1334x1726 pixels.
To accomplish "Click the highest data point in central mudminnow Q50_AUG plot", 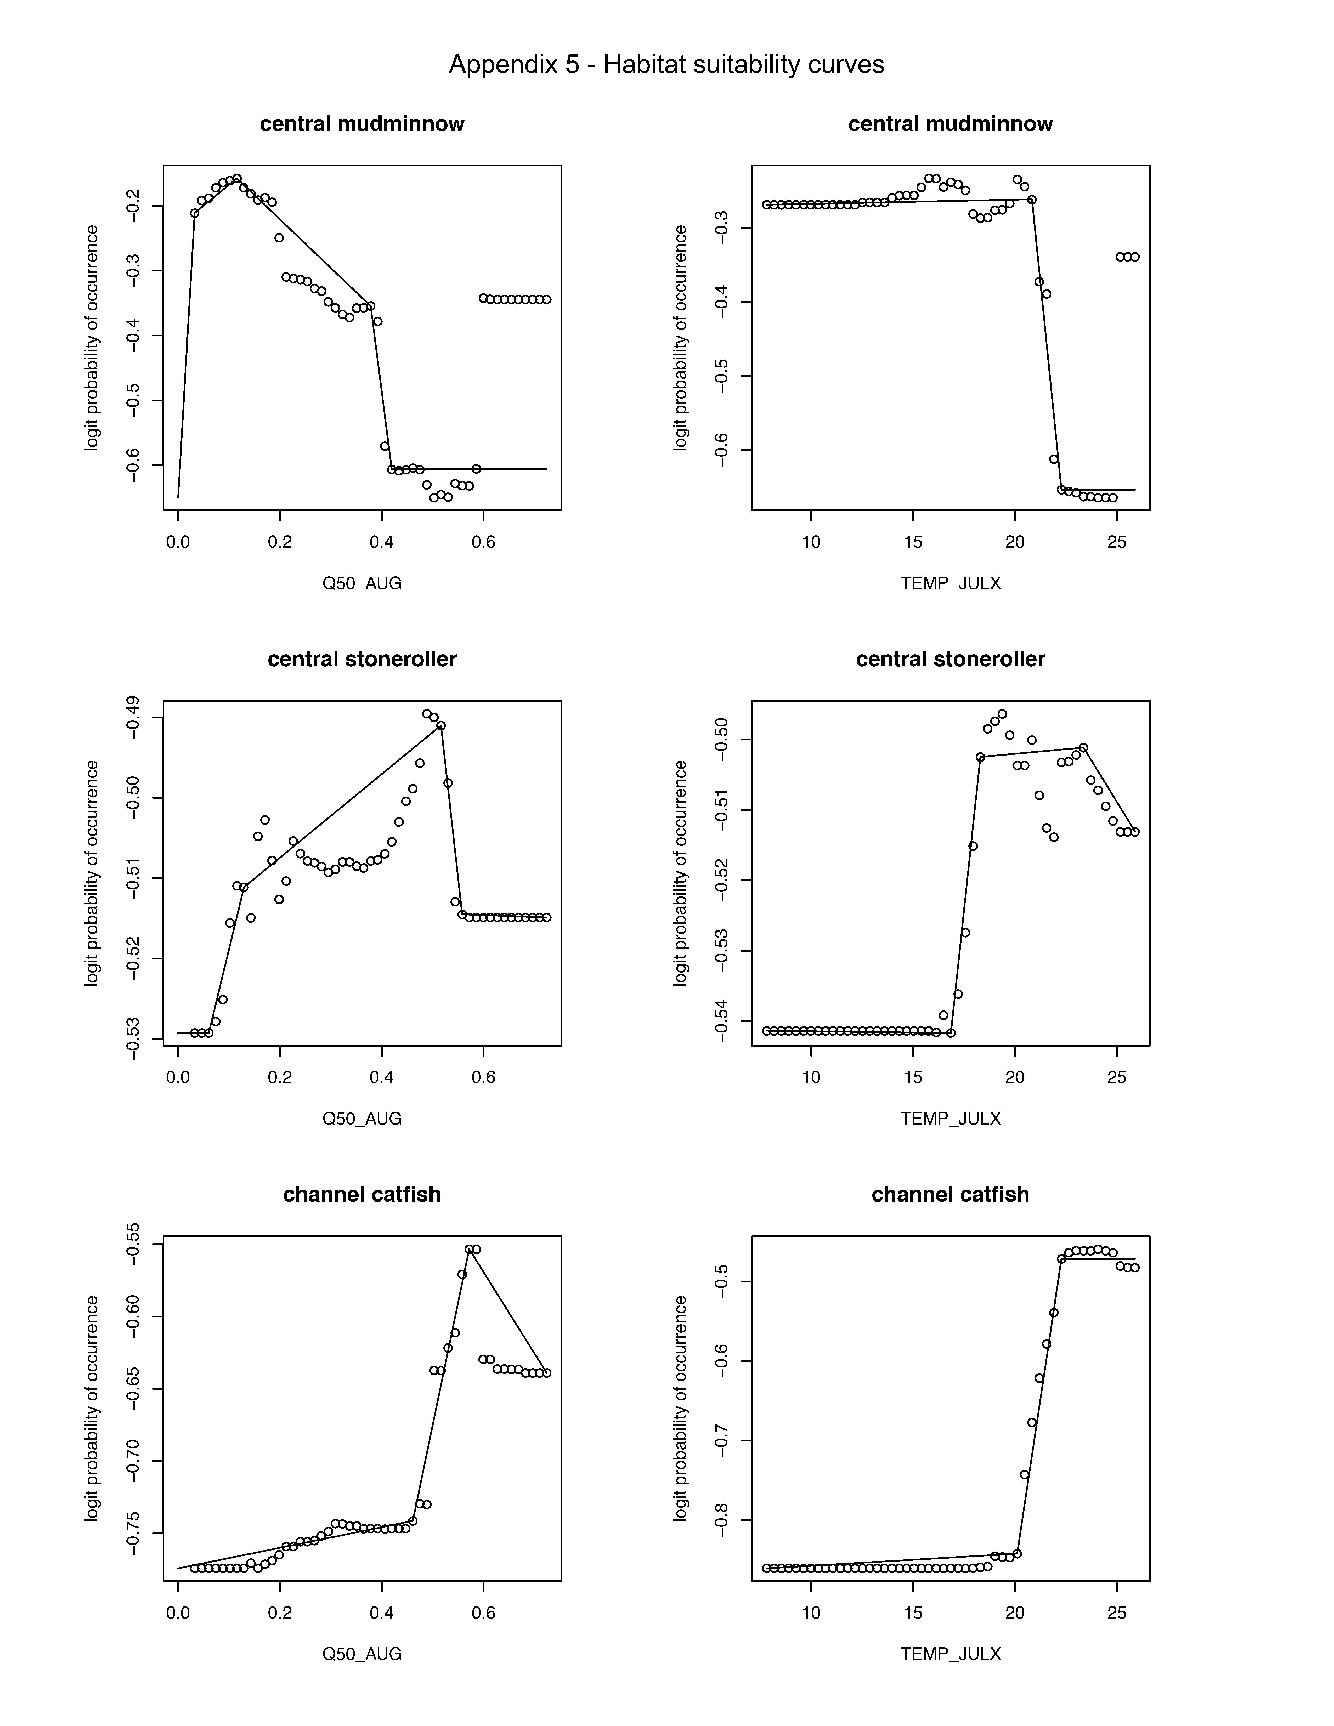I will coord(237,179).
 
